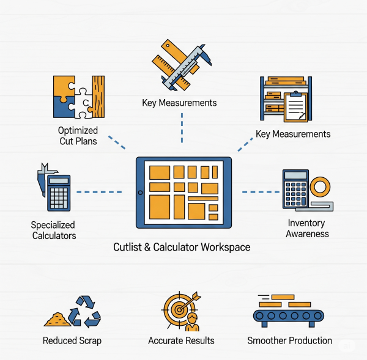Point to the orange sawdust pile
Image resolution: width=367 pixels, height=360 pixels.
tap(57, 318)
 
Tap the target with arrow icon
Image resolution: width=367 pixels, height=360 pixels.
tap(179, 307)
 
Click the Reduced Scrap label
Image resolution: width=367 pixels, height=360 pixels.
tap(72, 340)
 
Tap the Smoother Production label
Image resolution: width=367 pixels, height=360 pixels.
tap(289, 340)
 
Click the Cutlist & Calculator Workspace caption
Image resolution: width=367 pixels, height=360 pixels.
tap(182, 248)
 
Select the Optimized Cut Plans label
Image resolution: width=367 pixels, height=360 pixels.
tap(78, 136)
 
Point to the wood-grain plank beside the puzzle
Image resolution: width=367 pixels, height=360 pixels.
tap(98, 97)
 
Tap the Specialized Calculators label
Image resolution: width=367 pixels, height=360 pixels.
tap(54, 230)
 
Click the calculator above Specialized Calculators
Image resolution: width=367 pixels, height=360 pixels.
tap(59, 193)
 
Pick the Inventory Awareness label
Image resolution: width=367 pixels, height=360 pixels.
tap(308, 229)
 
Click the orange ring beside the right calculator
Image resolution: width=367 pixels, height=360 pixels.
tap(319, 186)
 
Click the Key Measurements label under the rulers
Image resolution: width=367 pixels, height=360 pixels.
tap(179, 103)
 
